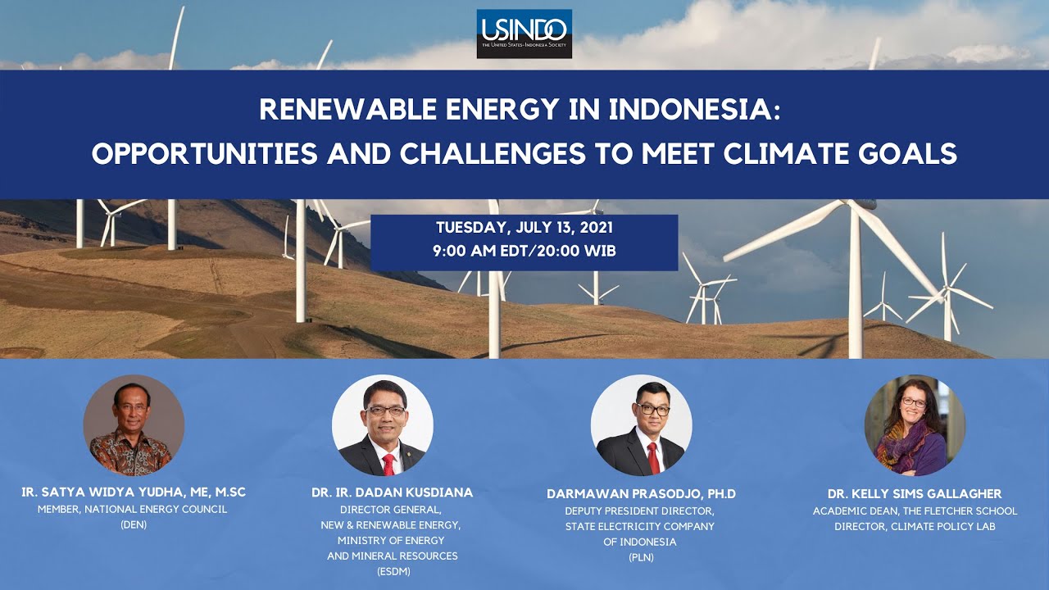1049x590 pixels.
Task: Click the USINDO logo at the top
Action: click(524, 34)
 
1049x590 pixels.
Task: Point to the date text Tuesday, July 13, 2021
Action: click(524, 228)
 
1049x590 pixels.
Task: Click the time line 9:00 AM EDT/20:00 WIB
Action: click(524, 252)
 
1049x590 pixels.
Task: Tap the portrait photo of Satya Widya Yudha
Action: click(134, 425)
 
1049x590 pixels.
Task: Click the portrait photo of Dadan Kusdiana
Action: click(383, 425)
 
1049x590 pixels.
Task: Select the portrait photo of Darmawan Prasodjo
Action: click(641, 425)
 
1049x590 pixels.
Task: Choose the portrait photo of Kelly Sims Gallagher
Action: click(915, 425)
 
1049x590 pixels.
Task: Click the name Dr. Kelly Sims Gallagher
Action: click(915, 493)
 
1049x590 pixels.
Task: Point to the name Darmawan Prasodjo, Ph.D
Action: click(641, 493)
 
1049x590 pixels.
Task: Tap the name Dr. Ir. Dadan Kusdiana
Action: click(392, 492)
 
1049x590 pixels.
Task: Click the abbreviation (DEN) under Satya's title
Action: click(133, 524)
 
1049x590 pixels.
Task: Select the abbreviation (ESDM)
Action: click(392, 571)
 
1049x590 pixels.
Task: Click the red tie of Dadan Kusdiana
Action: click(388, 464)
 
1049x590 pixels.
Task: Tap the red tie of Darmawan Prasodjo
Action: click(652, 459)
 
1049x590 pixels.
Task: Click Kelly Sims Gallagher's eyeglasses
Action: click(914, 403)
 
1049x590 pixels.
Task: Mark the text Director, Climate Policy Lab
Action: click(915, 526)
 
